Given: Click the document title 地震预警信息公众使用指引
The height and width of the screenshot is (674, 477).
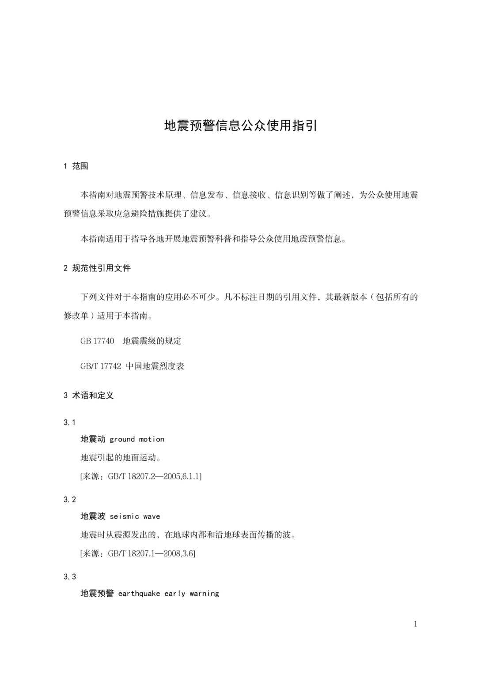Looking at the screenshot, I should tap(241, 126).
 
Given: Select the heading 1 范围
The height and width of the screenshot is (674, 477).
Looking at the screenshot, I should tap(76, 166).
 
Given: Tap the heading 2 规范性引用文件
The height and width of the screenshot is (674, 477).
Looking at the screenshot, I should tap(97, 268).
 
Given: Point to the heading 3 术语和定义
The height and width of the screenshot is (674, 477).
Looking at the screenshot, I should tap(89, 395).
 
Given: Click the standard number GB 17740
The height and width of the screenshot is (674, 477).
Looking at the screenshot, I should tap(97, 341).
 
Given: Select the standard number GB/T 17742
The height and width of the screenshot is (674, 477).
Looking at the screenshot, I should tap(101, 366).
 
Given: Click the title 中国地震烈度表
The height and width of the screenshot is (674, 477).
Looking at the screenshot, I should tap(155, 366).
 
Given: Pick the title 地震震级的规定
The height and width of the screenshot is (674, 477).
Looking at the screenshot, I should tap(152, 341).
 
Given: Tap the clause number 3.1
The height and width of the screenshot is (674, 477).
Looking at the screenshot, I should tap(70, 422).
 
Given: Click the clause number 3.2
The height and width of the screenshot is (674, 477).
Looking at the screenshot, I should tap(70, 500).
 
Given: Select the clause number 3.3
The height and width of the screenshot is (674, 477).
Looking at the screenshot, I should tap(70, 577).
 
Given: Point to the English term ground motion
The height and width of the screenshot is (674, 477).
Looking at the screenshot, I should tap(137, 439).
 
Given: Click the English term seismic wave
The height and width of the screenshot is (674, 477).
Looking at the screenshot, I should tap(135, 516).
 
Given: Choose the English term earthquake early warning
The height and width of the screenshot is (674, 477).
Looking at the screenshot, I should tap(169, 594).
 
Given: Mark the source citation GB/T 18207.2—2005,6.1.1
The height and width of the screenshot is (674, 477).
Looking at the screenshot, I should tap(155, 477).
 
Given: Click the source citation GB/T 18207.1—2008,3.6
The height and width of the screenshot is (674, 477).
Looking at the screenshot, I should tap(151, 554).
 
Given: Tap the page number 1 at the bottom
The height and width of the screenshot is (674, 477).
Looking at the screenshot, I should tap(415, 624).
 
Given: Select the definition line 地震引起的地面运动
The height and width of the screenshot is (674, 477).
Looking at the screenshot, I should tap(121, 458).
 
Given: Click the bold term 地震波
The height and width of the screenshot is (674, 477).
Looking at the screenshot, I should tap(93, 516).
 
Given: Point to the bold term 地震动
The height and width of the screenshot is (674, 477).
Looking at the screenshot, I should tap(93, 439).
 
